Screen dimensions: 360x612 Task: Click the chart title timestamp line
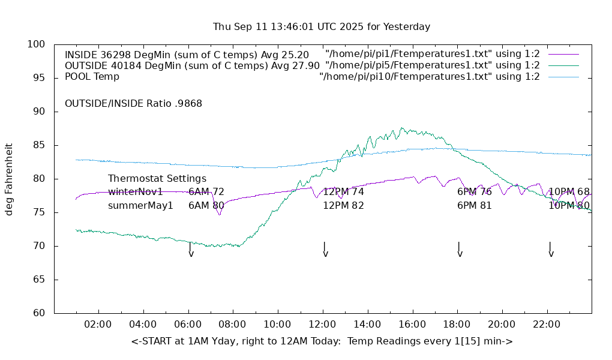[x=322, y=27]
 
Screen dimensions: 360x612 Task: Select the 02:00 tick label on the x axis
[x=98, y=325]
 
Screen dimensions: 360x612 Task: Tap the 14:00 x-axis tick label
[x=367, y=325]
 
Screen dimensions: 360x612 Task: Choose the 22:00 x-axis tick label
[x=547, y=325]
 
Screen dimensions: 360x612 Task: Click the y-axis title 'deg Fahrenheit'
[x=9, y=179]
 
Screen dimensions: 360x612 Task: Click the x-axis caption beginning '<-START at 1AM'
[x=322, y=341]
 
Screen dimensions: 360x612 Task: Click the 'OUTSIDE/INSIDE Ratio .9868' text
[x=133, y=103]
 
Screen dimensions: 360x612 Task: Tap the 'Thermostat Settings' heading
[x=157, y=179]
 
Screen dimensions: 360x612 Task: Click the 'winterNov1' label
[x=136, y=192]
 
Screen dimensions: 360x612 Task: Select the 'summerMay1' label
[x=140, y=205]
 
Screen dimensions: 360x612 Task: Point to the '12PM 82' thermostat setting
[x=343, y=205]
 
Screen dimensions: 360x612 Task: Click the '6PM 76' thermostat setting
[x=474, y=192]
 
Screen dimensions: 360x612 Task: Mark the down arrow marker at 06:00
[x=191, y=250]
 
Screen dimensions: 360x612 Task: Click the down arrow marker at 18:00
[x=460, y=250]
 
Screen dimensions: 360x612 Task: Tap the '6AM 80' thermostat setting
[x=206, y=205]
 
